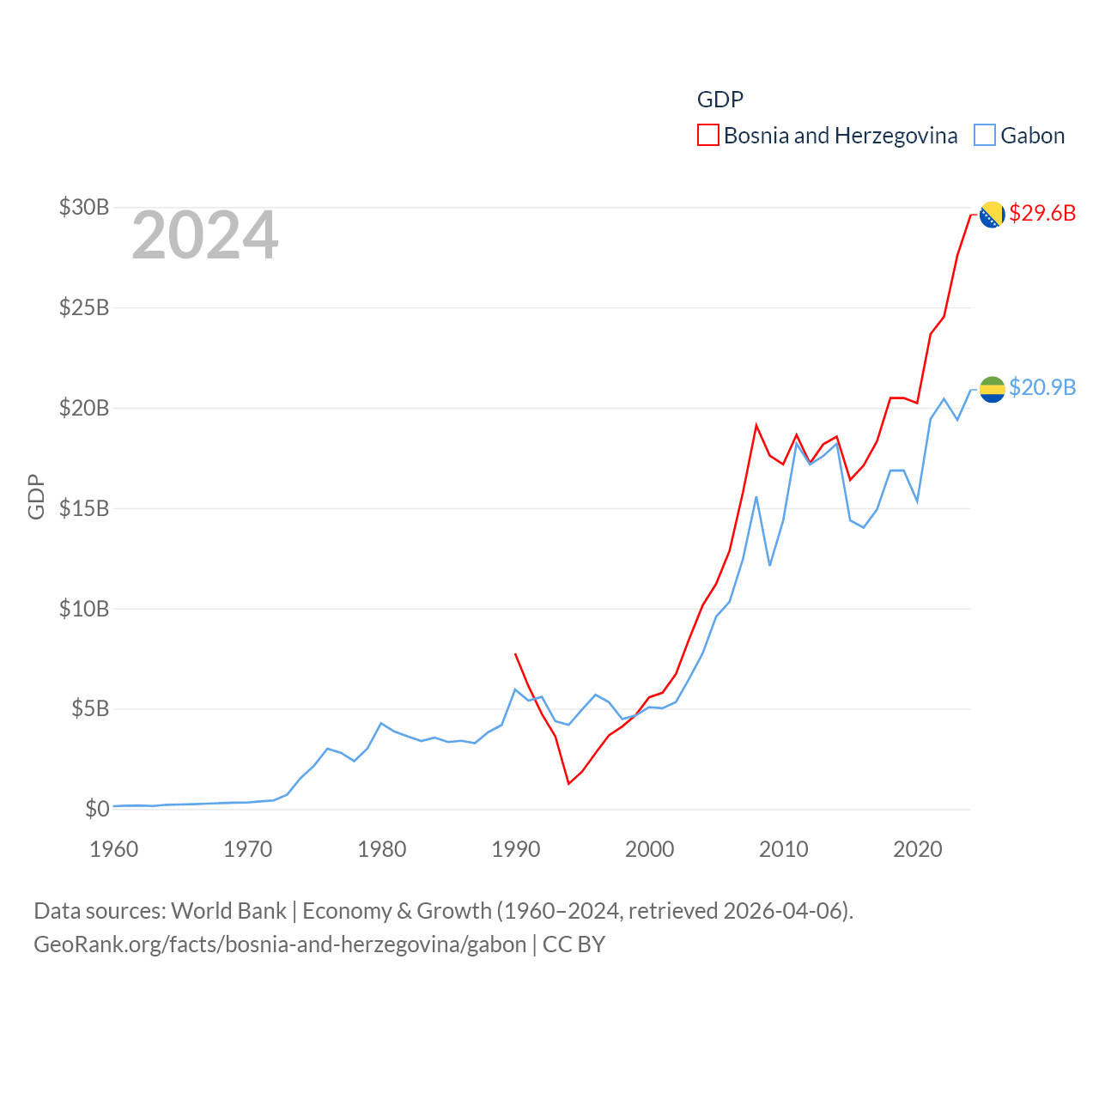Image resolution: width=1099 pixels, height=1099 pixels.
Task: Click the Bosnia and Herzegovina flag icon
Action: [992, 215]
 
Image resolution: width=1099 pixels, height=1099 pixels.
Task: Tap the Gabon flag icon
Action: [992, 389]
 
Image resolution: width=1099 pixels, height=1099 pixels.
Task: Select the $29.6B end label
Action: [1042, 213]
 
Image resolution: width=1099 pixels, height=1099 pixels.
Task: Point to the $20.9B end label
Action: [1042, 387]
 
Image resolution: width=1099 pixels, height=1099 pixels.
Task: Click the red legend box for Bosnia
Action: [707, 136]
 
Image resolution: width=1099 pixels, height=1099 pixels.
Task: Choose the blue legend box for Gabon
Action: [985, 136]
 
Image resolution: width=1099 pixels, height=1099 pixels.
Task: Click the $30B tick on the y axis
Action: [84, 207]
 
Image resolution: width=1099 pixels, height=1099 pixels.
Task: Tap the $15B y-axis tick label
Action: [84, 508]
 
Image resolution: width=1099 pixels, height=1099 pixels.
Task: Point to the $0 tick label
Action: [97, 809]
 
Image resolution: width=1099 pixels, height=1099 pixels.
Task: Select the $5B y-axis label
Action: [90, 708]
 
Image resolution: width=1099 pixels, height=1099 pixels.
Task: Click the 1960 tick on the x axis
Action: [114, 849]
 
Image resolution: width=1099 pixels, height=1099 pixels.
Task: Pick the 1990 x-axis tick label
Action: [516, 849]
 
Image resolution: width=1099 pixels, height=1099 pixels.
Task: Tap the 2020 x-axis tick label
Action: [918, 849]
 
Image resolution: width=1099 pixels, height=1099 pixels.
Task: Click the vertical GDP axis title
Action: [36, 496]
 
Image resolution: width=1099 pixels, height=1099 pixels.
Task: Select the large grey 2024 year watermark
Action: [205, 235]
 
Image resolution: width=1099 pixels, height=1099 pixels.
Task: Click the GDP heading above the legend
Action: [720, 100]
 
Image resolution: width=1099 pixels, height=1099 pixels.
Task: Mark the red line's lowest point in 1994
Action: [568, 783]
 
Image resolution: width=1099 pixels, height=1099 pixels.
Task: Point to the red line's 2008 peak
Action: [756, 425]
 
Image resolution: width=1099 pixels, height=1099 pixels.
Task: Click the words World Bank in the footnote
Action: [228, 910]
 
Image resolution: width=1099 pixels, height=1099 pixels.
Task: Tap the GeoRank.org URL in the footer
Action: [280, 944]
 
